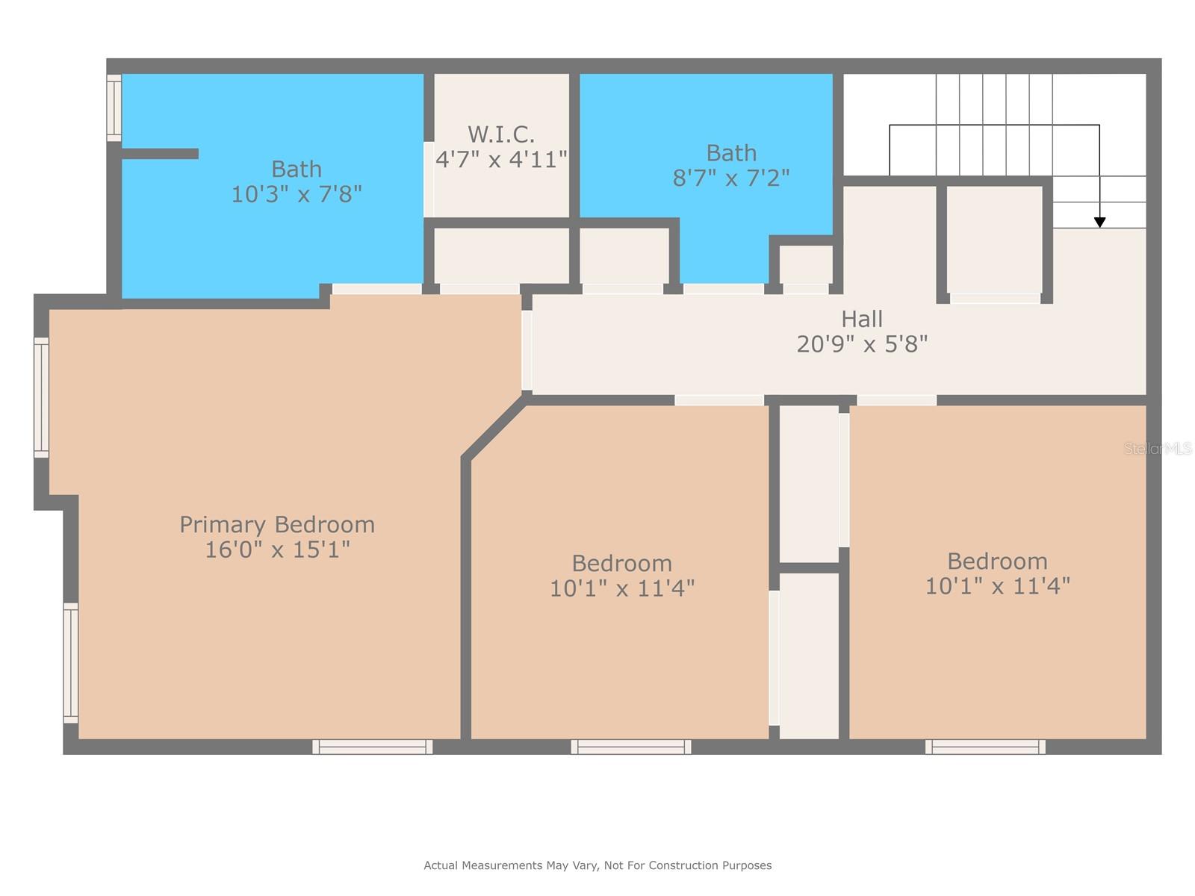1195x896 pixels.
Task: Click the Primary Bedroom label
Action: (277, 524)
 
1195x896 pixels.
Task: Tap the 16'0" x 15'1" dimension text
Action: (277, 550)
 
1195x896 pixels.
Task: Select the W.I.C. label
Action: (500, 134)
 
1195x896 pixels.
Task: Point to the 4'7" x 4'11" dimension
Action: (501, 159)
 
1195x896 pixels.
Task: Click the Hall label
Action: (862, 319)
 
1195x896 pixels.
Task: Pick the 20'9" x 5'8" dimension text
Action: (862, 344)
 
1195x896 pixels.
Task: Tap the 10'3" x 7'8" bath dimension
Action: (297, 194)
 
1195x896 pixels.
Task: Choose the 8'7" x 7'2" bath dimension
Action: (731, 178)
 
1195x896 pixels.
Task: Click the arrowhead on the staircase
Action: (1099, 222)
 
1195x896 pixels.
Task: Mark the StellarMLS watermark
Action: (1158, 449)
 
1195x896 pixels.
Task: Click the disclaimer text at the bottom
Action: (597, 865)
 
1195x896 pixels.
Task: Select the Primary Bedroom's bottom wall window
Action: (372, 746)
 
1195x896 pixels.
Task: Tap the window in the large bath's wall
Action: (114, 108)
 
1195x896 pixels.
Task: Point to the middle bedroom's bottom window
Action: (631, 746)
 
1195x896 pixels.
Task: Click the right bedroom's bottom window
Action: (985, 746)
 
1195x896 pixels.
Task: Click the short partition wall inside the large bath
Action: (160, 154)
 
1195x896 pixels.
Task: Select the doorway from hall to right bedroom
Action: (896, 400)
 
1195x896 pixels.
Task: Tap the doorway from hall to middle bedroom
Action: (719, 400)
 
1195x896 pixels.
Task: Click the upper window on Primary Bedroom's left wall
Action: (42, 397)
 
